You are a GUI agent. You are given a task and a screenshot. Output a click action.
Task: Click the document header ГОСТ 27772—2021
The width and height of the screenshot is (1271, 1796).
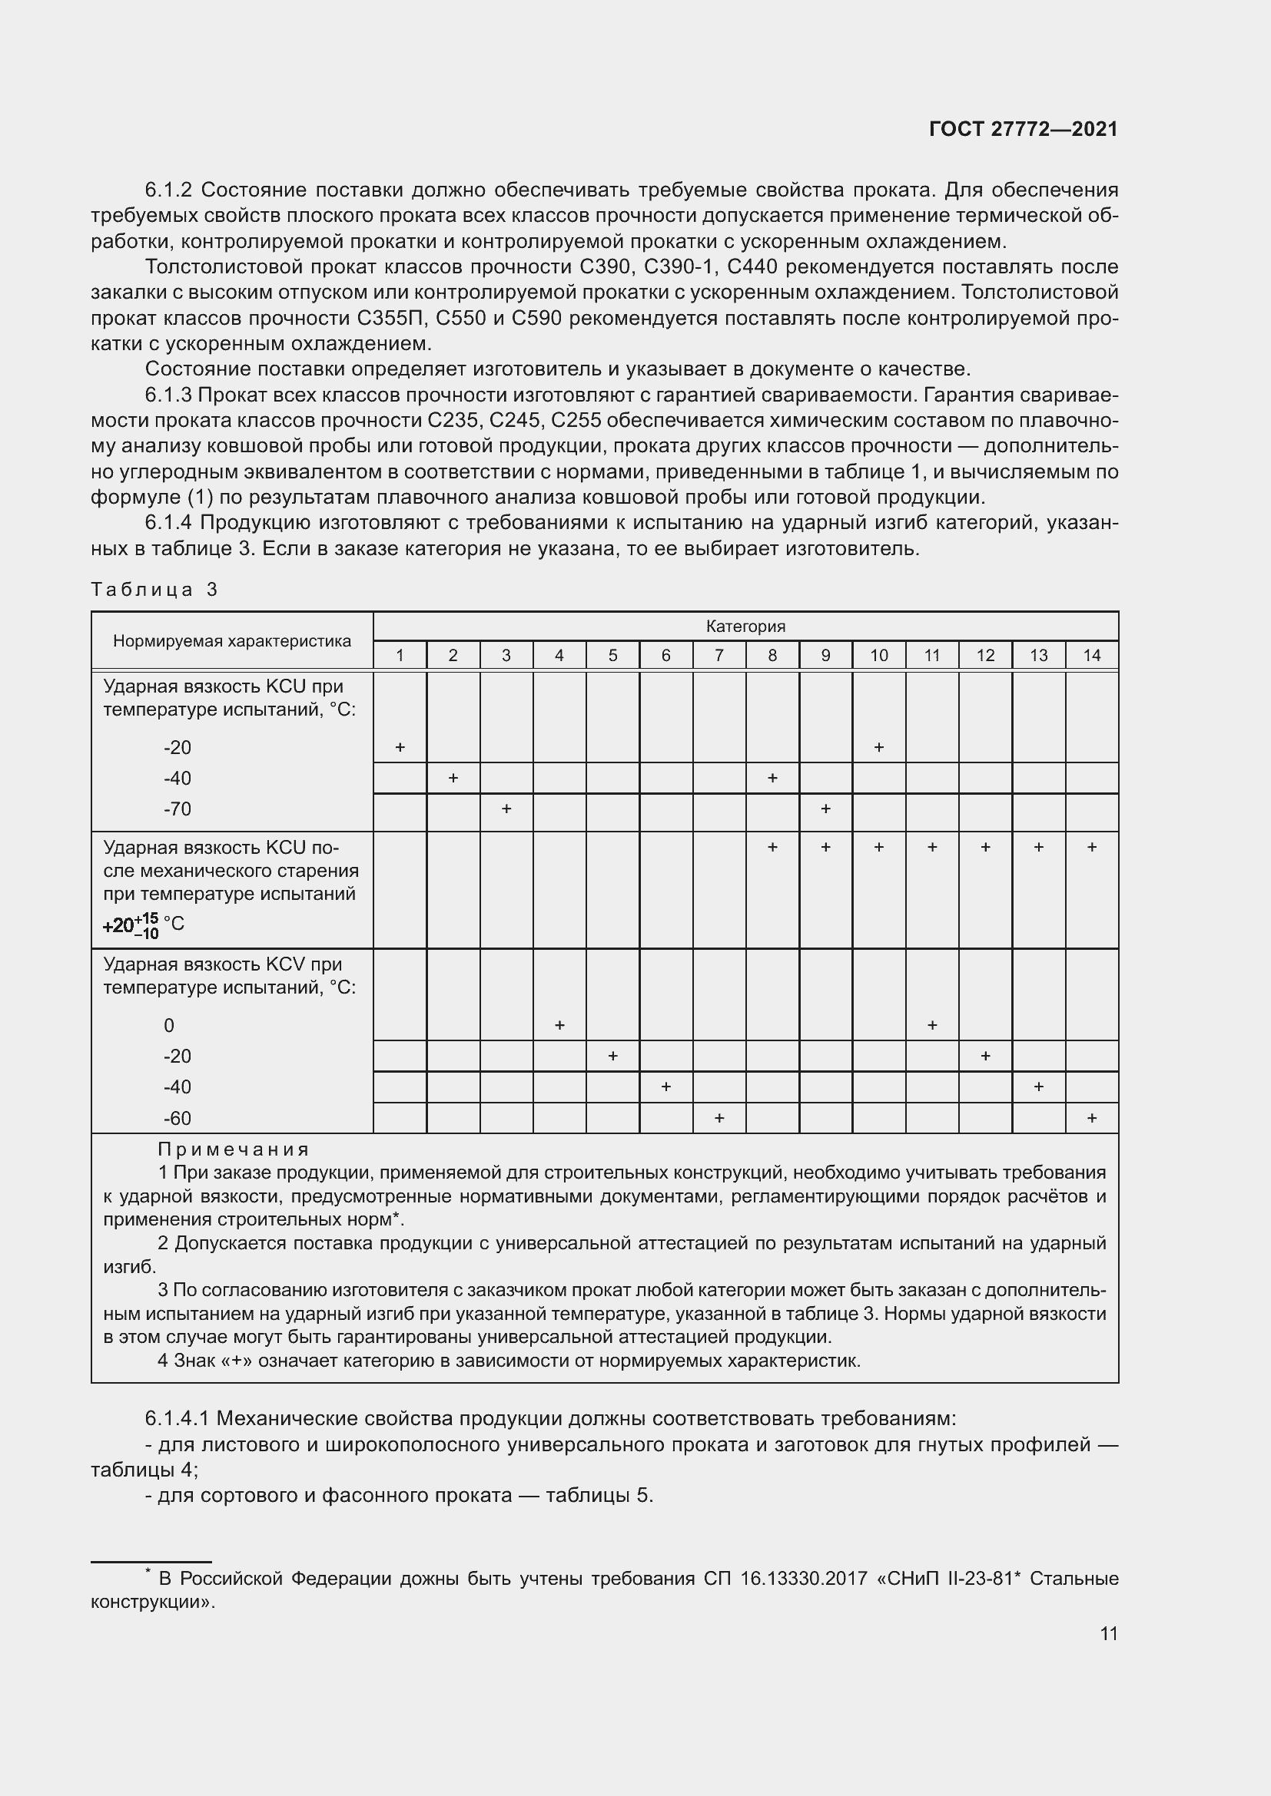point(1023,129)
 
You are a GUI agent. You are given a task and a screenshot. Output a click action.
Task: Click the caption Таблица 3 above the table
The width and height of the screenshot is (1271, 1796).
point(154,589)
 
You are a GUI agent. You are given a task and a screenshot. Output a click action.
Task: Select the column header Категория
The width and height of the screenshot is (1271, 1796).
point(745,626)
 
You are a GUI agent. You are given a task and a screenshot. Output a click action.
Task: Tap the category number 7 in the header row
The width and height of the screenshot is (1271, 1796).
point(718,656)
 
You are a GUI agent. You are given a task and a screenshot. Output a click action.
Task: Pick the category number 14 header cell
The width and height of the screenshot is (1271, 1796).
point(1091,656)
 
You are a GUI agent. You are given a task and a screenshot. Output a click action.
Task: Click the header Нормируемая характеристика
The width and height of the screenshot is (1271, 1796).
point(231,640)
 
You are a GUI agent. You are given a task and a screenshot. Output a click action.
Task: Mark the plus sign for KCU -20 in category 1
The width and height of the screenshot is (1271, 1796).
point(399,747)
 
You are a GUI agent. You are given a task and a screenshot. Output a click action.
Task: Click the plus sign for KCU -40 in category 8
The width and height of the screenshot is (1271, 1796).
point(772,778)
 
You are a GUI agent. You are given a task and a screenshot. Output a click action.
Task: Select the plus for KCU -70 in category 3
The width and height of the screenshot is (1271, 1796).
point(506,808)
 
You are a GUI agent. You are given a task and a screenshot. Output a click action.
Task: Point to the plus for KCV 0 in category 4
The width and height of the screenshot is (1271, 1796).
point(559,1025)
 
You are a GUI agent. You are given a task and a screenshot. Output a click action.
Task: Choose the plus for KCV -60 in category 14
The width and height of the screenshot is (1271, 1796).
point(1091,1118)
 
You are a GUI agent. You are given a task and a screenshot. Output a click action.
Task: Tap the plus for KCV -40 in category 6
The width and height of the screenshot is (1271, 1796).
point(665,1087)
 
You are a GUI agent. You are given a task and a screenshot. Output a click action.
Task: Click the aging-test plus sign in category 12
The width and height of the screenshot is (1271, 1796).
point(984,847)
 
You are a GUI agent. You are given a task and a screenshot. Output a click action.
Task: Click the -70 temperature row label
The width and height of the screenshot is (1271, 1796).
point(177,809)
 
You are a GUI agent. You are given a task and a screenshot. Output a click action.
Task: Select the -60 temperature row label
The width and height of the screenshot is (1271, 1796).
point(177,1119)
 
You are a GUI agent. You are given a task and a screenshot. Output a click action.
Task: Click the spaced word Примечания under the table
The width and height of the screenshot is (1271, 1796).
point(234,1149)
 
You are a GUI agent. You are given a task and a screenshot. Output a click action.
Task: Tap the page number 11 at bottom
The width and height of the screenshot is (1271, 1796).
point(1108,1633)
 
